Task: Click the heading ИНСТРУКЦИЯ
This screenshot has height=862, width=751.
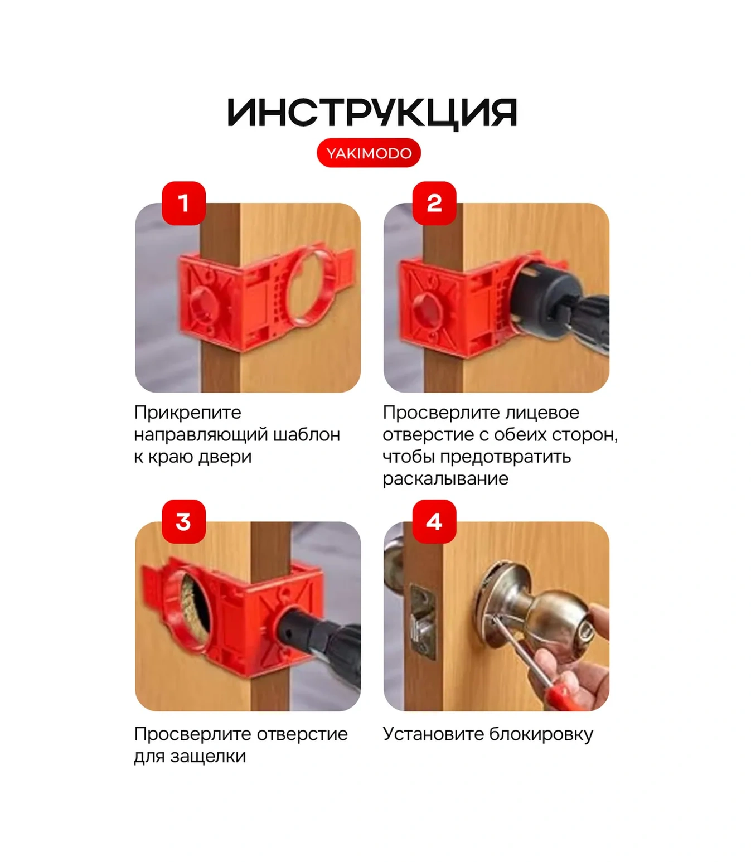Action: [x=372, y=113]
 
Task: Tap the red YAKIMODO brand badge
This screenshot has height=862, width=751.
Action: [x=369, y=153]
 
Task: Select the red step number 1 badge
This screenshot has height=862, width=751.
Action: [x=183, y=203]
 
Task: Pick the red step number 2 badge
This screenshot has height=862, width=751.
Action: [x=434, y=203]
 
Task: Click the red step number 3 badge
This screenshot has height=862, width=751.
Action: [x=183, y=521]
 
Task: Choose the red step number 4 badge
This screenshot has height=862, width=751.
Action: [x=434, y=521]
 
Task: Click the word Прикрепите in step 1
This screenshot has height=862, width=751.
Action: [x=187, y=413]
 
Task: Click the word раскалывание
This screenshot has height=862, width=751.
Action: [x=445, y=479]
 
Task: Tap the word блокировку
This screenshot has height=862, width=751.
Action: [x=541, y=734]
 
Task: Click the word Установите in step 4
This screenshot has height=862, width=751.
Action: [x=433, y=734]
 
